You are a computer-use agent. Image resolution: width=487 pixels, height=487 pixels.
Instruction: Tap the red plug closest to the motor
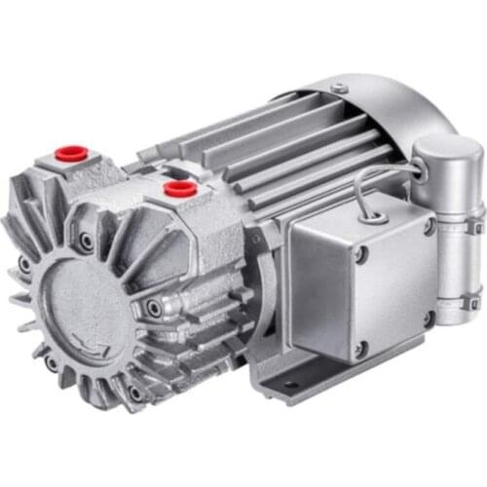177,188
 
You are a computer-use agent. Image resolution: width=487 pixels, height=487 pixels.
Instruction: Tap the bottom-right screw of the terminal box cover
427,317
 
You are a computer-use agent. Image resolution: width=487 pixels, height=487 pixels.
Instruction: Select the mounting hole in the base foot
289,386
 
